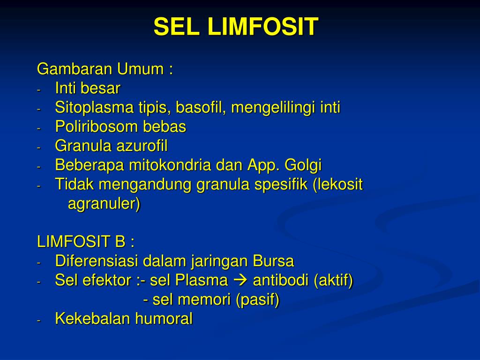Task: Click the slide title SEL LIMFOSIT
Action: [236, 27]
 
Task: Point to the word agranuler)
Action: [104, 204]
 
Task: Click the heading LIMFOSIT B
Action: [86, 242]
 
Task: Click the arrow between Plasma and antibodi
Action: [240, 281]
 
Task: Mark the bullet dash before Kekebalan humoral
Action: [40, 320]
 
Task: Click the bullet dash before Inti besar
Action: [40, 89]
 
